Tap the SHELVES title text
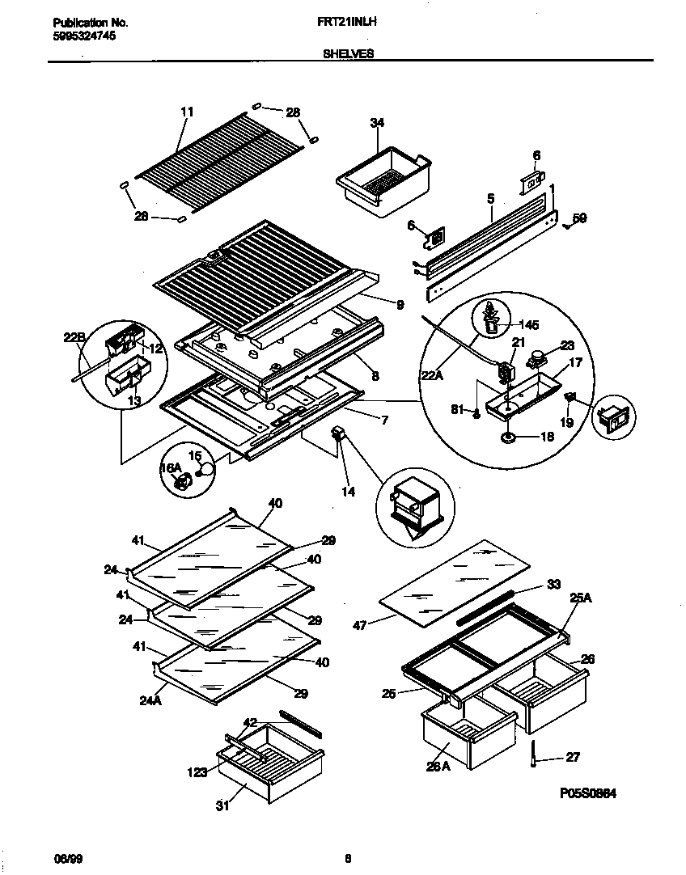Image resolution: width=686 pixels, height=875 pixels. tap(348, 53)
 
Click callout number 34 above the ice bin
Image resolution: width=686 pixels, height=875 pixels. tap(377, 123)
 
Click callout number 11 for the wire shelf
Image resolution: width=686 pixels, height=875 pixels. tap(187, 112)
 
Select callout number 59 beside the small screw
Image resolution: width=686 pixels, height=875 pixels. tap(579, 218)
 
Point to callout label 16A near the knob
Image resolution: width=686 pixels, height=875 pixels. tap(171, 468)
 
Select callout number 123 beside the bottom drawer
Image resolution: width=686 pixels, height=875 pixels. tap(199, 773)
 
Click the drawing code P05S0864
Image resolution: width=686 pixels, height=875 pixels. tap(588, 794)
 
